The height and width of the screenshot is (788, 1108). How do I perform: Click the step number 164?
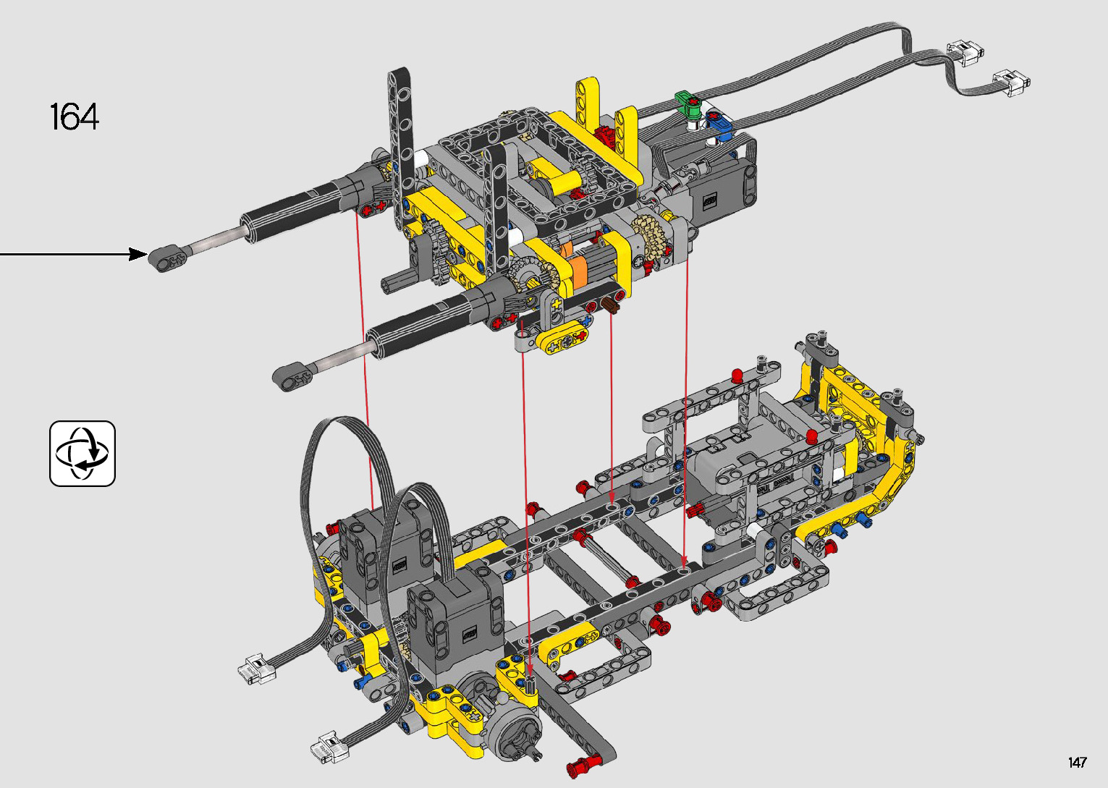coord(75,116)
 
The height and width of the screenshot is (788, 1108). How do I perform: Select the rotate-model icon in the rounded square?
coord(83,454)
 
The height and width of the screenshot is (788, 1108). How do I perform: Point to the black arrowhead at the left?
coord(138,254)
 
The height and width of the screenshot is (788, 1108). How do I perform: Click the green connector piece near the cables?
coord(688,103)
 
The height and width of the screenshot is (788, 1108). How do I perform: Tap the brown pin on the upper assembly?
coord(612,305)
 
